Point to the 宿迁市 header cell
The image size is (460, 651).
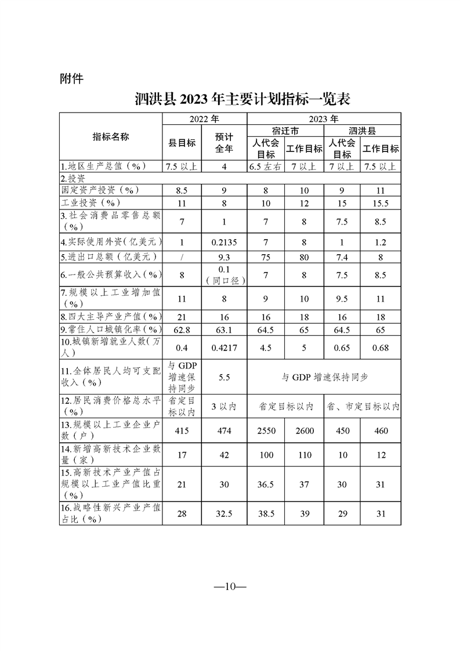(x=284, y=131)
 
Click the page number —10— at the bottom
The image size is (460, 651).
(x=230, y=586)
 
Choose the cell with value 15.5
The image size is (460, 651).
(x=381, y=203)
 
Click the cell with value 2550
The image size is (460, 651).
(x=266, y=431)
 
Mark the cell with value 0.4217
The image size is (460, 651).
(x=224, y=349)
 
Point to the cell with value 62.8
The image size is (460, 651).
(x=182, y=330)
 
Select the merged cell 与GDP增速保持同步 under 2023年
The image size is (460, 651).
(x=324, y=377)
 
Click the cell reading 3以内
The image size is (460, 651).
(x=224, y=407)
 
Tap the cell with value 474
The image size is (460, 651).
(x=224, y=431)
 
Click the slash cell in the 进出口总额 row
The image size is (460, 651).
(x=182, y=256)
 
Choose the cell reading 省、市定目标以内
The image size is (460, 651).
(x=361, y=407)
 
